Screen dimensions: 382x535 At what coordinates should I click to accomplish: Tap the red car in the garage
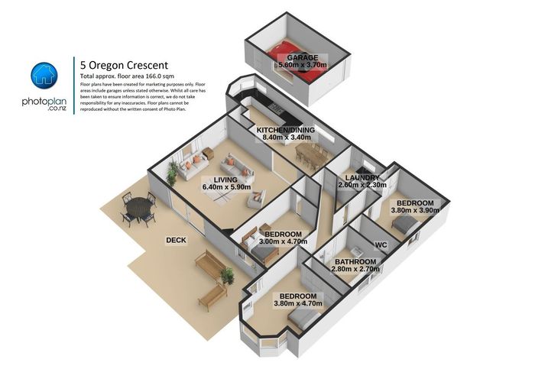click(x=297, y=55)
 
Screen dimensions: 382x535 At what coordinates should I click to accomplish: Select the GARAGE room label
click(x=302, y=58)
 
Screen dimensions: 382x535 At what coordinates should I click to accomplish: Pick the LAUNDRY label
click(x=362, y=177)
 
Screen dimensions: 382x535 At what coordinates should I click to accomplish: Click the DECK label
click(x=177, y=240)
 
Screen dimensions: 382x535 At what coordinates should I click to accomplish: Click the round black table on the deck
click(x=138, y=208)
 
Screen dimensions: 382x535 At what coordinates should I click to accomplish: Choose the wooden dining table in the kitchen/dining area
click(x=310, y=156)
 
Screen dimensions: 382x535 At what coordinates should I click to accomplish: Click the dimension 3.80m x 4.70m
click(x=298, y=303)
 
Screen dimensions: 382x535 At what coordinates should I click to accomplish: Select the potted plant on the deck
click(x=227, y=276)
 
